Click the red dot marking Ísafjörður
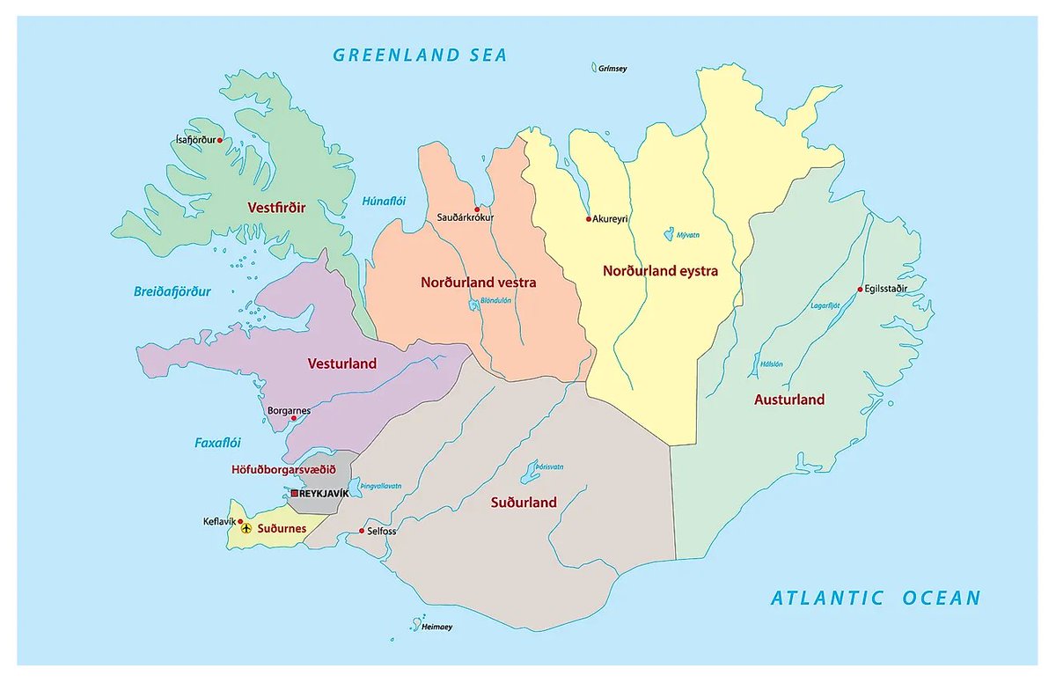click(x=220, y=139)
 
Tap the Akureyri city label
click(x=611, y=218)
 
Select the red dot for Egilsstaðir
click(x=861, y=289)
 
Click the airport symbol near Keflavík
click(x=246, y=528)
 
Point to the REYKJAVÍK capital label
click(x=324, y=493)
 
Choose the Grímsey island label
click(x=612, y=68)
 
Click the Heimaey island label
click(x=436, y=628)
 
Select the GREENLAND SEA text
click(x=420, y=55)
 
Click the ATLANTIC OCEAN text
click(x=875, y=599)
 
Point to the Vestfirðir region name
click(x=277, y=208)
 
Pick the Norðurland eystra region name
click(x=660, y=271)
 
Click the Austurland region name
click(x=789, y=400)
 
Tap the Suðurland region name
click(x=524, y=503)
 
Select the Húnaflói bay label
click(x=384, y=202)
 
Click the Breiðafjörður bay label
click(x=172, y=291)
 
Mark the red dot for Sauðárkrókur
click(x=477, y=209)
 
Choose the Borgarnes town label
click(x=289, y=410)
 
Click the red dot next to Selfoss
click(x=363, y=531)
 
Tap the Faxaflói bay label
click(x=217, y=443)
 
